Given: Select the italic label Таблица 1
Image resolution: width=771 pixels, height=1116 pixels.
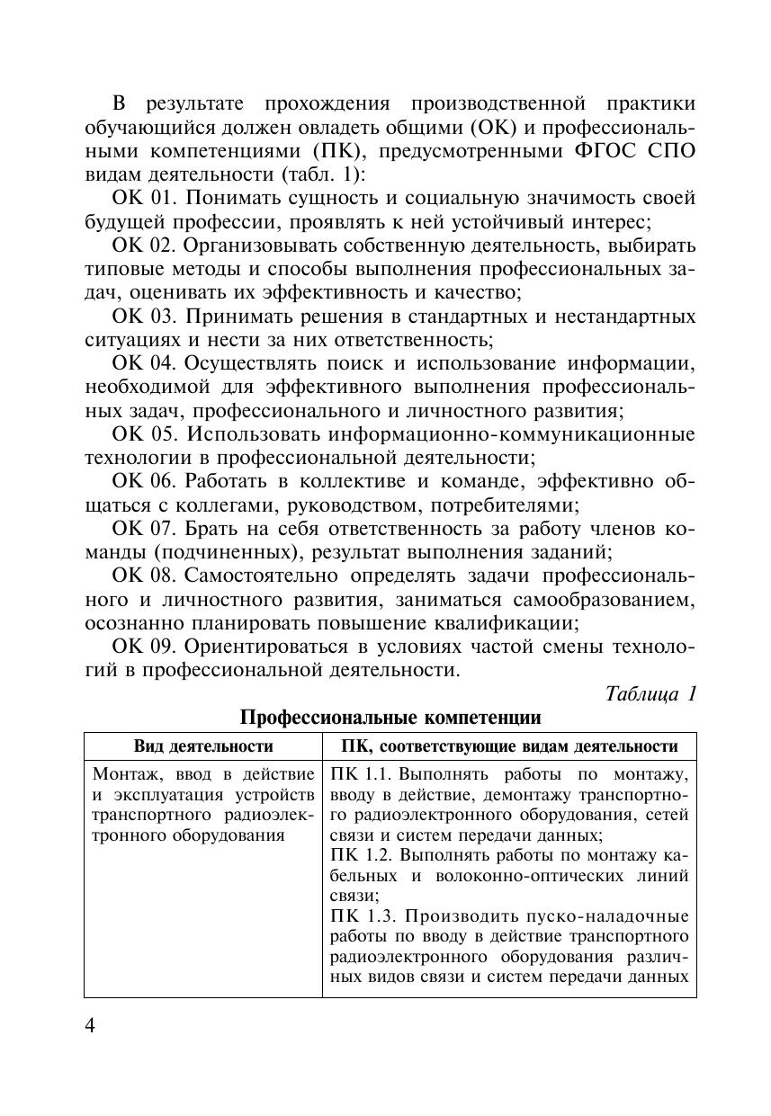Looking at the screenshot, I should [x=651, y=694].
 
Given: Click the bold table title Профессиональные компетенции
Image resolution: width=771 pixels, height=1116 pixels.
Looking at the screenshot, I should [x=390, y=718].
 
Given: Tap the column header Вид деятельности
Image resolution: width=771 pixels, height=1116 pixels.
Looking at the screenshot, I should [x=203, y=746].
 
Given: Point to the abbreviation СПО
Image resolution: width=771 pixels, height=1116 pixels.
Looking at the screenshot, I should [x=670, y=150].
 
